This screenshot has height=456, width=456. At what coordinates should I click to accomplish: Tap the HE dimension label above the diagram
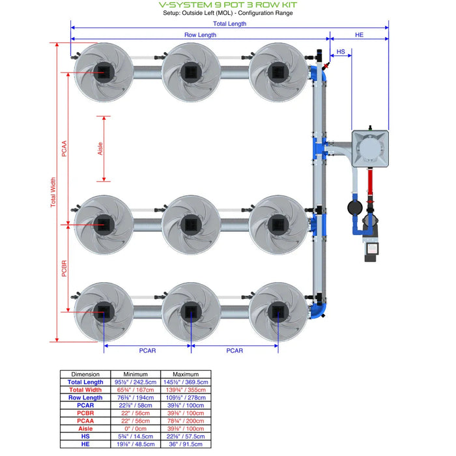(359, 35)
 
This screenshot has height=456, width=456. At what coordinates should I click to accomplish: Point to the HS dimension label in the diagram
(340, 51)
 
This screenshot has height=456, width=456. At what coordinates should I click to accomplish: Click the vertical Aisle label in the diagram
(100, 149)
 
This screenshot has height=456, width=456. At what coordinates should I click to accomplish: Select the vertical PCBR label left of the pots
(64, 268)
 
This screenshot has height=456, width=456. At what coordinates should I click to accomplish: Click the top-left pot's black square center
(102, 72)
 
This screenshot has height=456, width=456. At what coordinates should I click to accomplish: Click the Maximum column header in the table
(186, 374)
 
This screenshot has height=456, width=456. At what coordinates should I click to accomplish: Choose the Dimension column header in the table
(85, 374)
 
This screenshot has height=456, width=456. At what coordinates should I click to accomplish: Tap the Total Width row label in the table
(85, 390)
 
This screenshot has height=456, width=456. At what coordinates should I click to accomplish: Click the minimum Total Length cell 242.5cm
(135, 382)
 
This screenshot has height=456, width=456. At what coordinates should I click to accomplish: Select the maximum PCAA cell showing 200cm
(186, 421)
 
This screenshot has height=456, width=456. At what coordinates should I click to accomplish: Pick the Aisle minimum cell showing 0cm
(135, 429)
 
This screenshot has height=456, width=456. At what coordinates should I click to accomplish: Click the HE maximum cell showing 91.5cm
(186, 444)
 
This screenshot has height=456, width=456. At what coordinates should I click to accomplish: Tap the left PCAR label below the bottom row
(147, 350)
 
